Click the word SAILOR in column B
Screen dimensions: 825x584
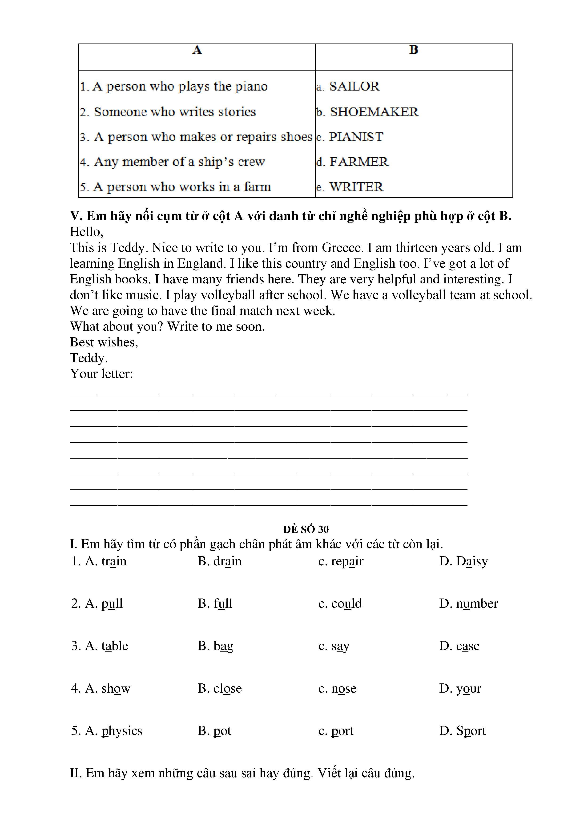(x=354, y=86)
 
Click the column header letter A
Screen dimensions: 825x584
(x=197, y=50)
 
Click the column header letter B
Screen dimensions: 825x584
(x=414, y=50)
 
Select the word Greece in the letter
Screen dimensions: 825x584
(x=341, y=248)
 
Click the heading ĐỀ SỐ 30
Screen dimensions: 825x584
(x=306, y=529)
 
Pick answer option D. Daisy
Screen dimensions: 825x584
(x=463, y=561)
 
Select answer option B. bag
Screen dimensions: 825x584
(x=215, y=646)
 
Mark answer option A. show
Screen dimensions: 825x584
(x=101, y=688)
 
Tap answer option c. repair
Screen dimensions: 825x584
(x=341, y=561)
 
